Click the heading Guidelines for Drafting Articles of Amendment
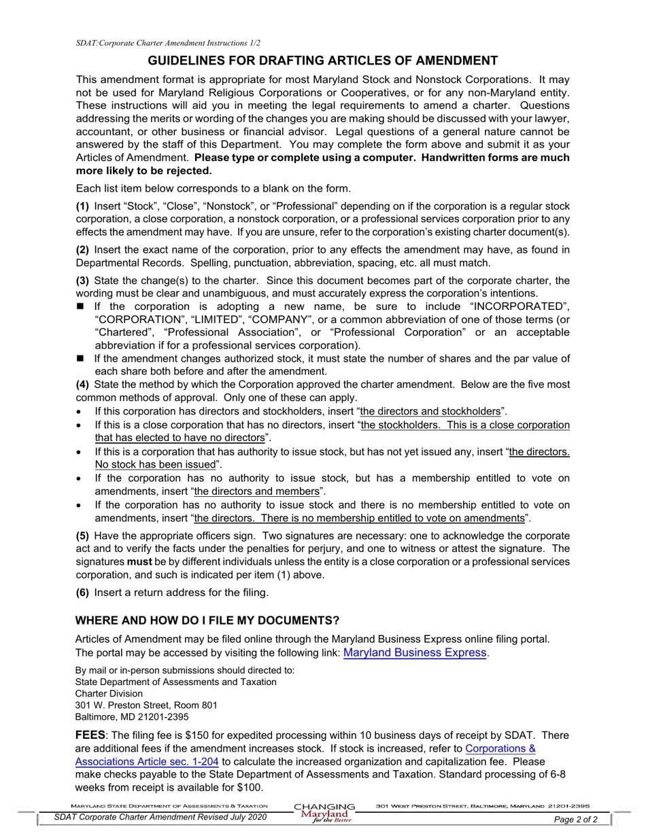tap(322, 60)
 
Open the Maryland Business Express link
tap(415, 652)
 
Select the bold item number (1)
tap(82, 206)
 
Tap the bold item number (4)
tap(82, 385)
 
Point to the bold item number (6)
tap(82, 593)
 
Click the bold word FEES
tap(90, 735)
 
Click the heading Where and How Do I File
tap(207, 621)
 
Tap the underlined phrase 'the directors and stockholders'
tap(430, 411)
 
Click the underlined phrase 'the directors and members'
tap(256, 491)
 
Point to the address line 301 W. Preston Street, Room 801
tap(146, 706)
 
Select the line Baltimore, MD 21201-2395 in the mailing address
tap(132, 717)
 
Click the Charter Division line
tap(109, 694)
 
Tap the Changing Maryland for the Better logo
tap(324, 813)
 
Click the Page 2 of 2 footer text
tap(576, 820)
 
